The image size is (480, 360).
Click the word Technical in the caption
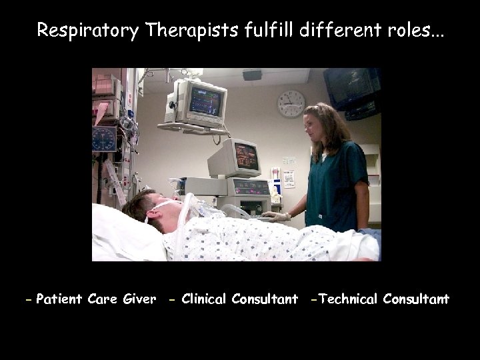pyautogui.click(x=349, y=299)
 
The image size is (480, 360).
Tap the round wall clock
pyautogui.click(x=291, y=103)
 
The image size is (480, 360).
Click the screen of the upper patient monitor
pyautogui.click(x=205, y=100)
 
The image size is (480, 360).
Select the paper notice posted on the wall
pyautogui.click(x=289, y=179)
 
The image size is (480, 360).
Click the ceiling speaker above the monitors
pyautogui.click(x=252, y=75)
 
